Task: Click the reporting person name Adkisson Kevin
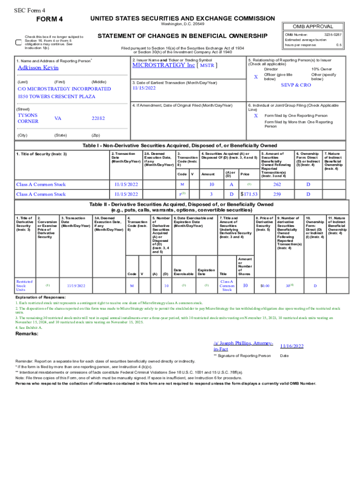click(35, 68)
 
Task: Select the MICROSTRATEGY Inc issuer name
click(163, 65)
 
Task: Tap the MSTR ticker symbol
click(207, 65)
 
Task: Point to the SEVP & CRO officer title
click(295, 86)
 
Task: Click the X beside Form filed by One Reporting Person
click(255, 116)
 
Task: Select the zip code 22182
click(98, 118)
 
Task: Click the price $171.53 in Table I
click(249, 194)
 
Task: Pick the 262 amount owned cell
click(276, 184)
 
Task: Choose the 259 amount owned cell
click(276, 194)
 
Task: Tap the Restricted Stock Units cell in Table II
click(24, 285)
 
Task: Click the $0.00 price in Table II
click(265, 285)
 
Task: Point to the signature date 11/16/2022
click(292, 346)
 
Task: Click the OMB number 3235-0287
click(333, 35)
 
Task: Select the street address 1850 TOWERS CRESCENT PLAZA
click(56, 96)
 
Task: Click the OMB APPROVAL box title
click(313, 27)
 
